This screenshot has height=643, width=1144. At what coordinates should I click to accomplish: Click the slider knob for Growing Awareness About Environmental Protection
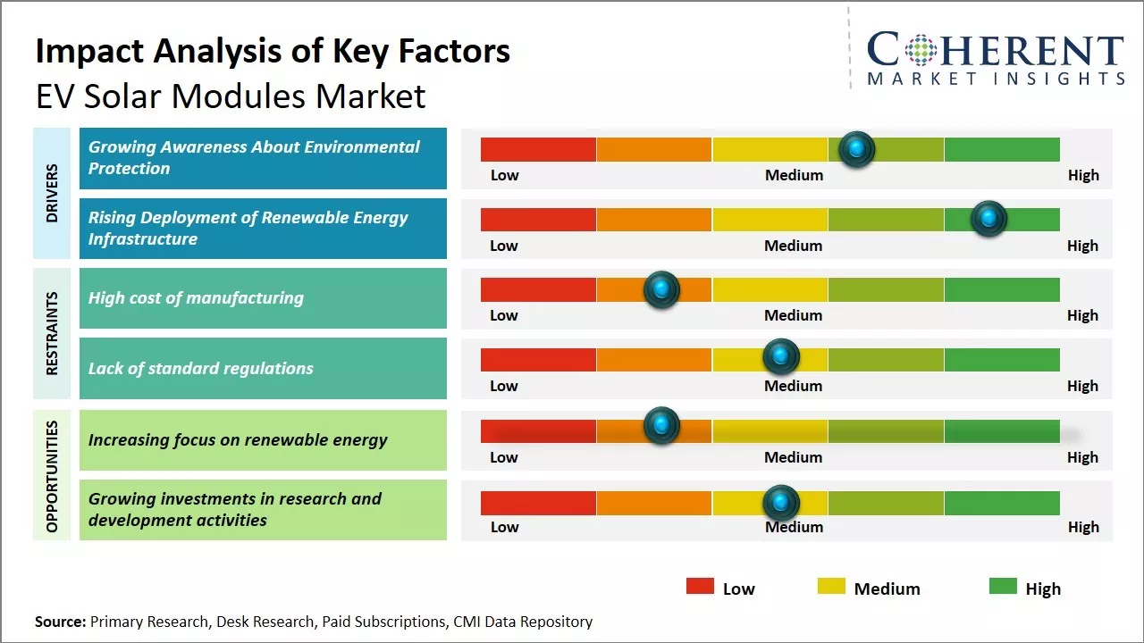(857, 149)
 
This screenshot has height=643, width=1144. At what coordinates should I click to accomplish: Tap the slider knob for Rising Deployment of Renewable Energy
(988, 219)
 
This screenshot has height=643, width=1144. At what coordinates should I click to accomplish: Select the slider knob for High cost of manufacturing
(661, 288)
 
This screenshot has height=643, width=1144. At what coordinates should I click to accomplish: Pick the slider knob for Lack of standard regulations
(781, 357)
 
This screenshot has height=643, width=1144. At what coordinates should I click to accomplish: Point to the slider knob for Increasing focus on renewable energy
(661, 425)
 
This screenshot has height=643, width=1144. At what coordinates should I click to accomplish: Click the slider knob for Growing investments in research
(781, 503)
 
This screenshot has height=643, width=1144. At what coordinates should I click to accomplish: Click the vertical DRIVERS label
(52, 193)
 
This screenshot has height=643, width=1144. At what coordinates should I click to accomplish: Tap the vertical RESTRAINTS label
(52, 333)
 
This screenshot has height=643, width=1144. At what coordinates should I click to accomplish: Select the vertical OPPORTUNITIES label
(52, 476)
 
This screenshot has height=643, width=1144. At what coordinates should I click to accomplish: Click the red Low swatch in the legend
(700, 587)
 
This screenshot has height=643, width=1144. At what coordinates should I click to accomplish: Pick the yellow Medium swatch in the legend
(831, 587)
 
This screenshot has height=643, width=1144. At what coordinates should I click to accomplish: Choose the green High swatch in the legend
(1003, 587)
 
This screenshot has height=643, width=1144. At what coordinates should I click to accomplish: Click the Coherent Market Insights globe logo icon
(920, 51)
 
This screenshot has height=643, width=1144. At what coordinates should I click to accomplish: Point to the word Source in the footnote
(60, 622)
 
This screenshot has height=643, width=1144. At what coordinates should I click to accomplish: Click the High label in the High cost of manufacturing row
(1082, 315)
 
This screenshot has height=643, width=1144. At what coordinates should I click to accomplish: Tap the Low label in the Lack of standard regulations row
(504, 386)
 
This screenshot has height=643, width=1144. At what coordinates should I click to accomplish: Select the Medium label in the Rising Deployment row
(794, 246)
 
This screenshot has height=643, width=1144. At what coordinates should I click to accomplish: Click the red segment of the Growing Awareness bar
(538, 149)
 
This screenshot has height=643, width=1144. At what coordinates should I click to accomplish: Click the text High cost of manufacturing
(196, 298)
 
